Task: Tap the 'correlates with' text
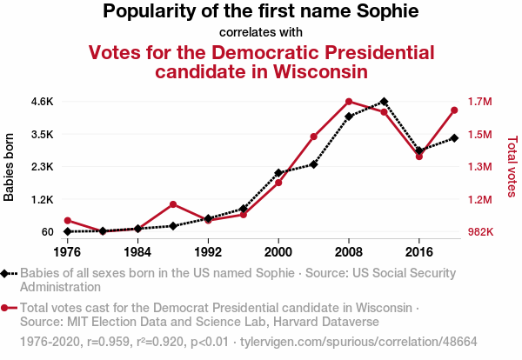pyautogui.click(x=260, y=33)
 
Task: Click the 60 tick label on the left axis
pyautogui.click(x=45, y=232)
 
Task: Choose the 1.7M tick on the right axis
pyautogui.click(x=478, y=102)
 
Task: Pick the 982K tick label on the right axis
pyautogui.click(x=479, y=232)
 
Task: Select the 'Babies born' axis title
pyautogui.click(x=10, y=167)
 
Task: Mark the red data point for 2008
pyautogui.click(x=349, y=102)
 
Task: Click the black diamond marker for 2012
pyautogui.click(x=384, y=102)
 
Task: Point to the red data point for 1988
pyautogui.click(x=173, y=204)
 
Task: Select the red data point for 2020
pyautogui.click(x=454, y=110)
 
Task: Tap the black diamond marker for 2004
pyautogui.click(x=313, y=164)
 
